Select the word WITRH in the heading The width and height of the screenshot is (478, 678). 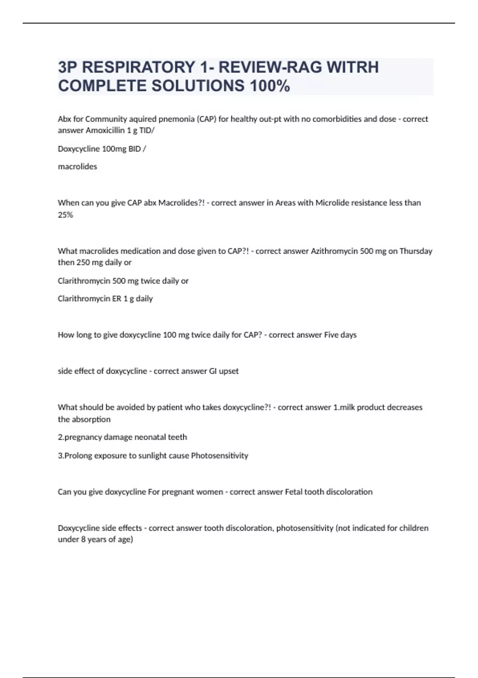(353, 67)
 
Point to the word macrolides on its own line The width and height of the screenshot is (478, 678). (77, 167)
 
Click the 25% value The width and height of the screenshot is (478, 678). (65, 215)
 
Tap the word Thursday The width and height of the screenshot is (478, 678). (416, 251)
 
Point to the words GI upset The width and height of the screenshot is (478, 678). (224, 371)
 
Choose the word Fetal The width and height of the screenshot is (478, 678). (294, 492)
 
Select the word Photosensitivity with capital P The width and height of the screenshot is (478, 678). (219, 456)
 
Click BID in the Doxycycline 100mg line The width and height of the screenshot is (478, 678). (135, 149)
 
